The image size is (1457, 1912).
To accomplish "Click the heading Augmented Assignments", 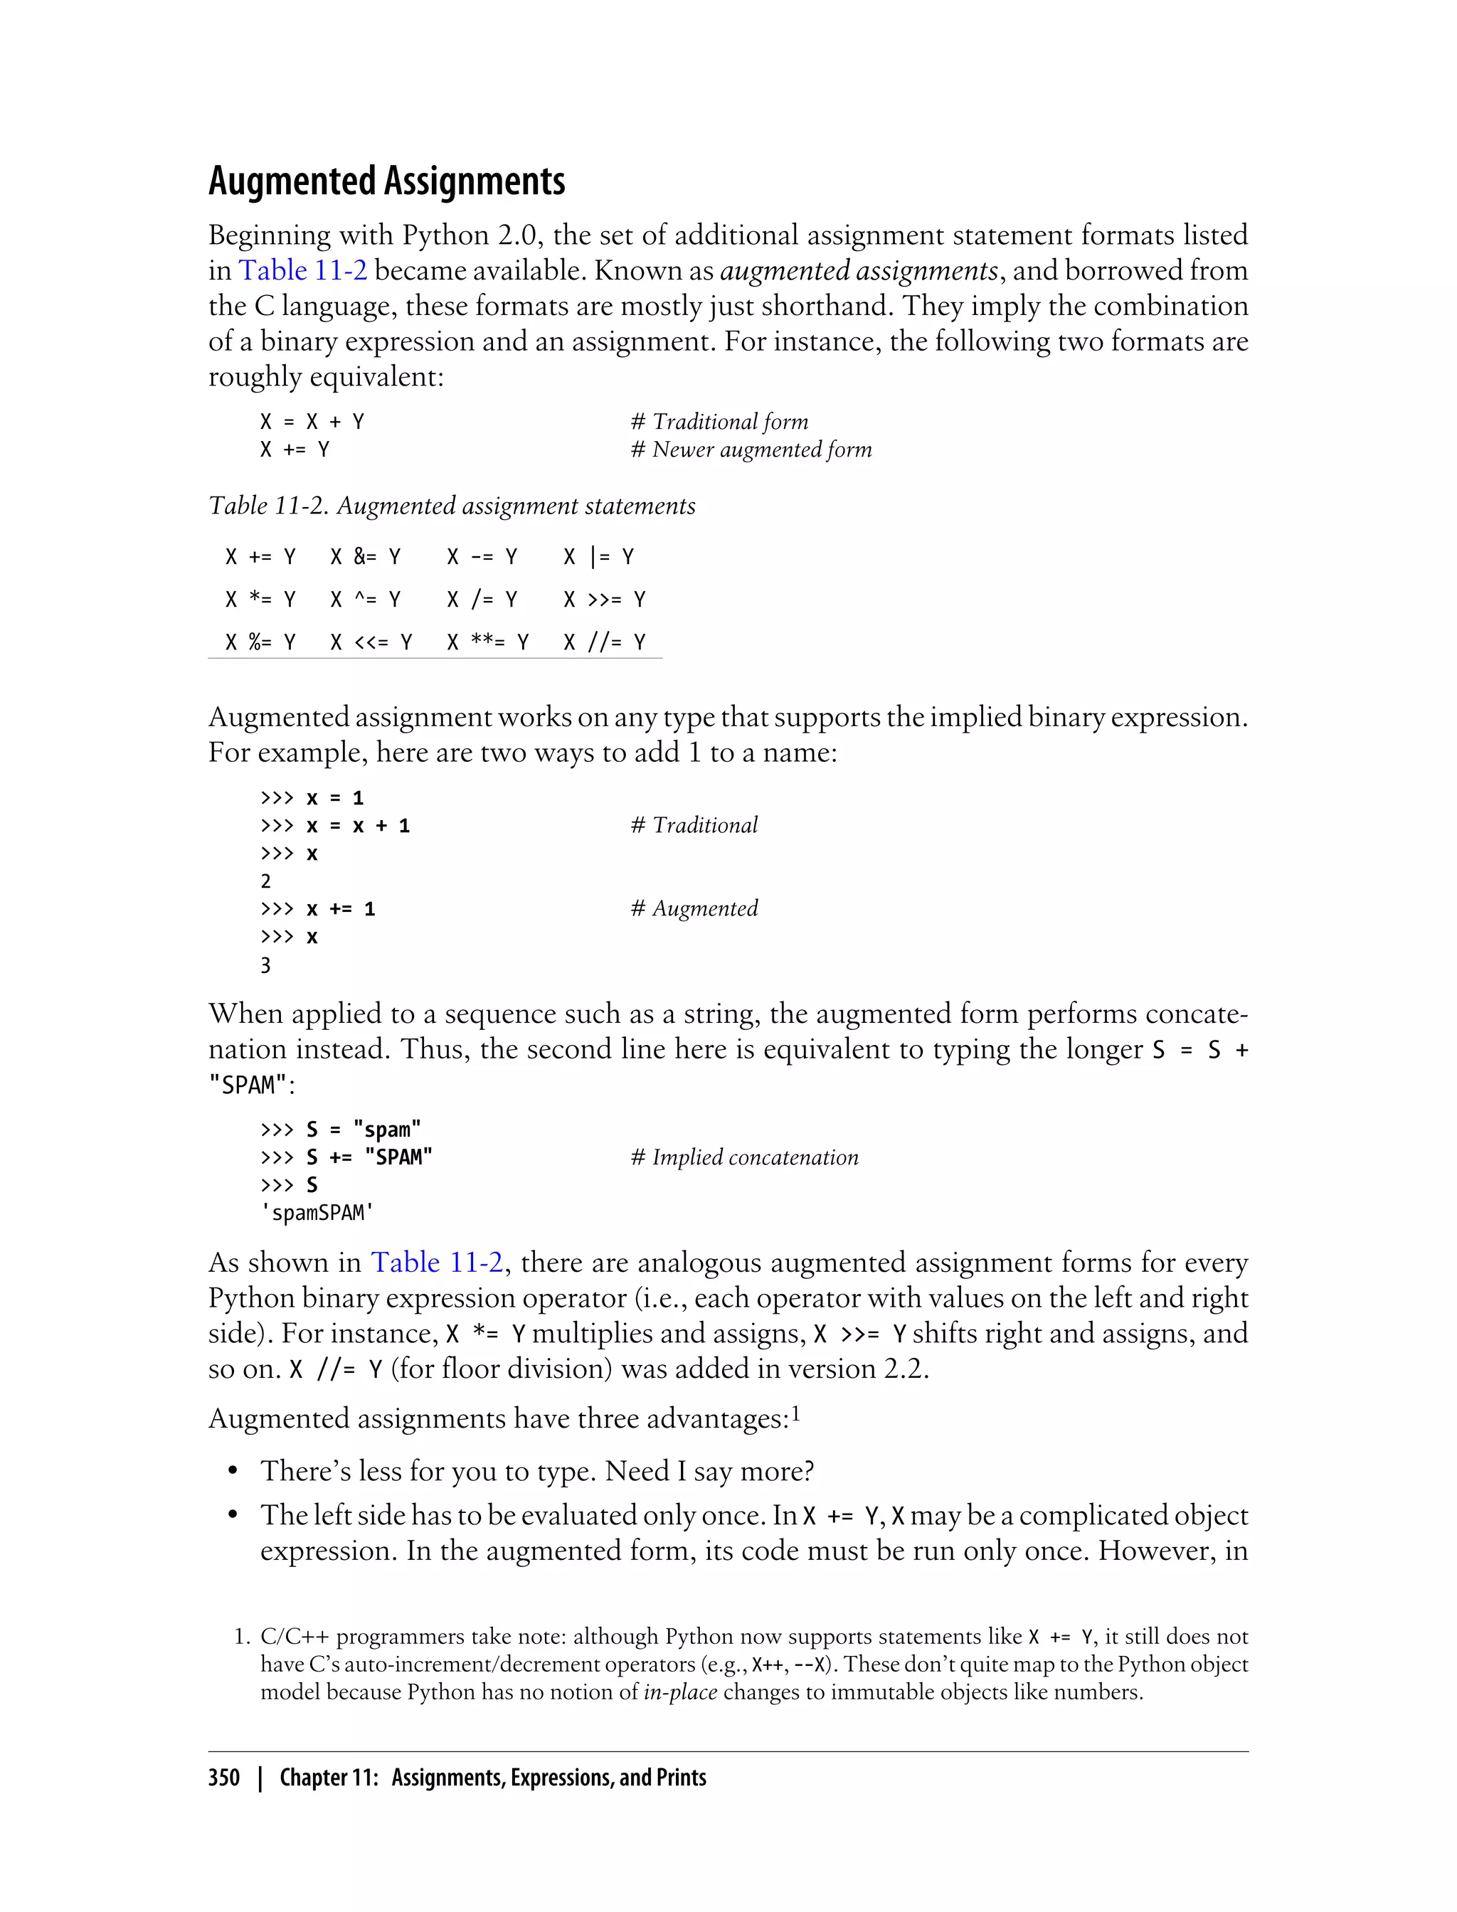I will coord(387,181).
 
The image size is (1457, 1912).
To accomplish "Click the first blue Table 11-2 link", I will coord(302,270).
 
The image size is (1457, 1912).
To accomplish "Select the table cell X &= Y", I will coord(365,557).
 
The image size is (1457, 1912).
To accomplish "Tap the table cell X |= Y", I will coord(598,557).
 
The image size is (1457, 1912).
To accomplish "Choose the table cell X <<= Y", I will coord(371,642).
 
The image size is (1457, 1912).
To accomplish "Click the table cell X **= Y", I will coord(487,642).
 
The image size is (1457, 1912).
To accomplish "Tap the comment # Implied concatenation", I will coord(744,1157).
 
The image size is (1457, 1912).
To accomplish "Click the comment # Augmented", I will coord(694,909).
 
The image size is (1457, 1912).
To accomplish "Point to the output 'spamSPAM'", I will coord(317,1213).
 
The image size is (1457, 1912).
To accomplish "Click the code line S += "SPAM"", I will coord(369,1157).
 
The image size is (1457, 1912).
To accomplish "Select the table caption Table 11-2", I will coord(451,506).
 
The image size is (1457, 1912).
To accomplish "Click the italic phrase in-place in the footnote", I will coord(680,1691).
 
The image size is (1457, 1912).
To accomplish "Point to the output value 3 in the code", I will coord(265,965).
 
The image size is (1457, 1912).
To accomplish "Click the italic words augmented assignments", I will coord(859,270).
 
